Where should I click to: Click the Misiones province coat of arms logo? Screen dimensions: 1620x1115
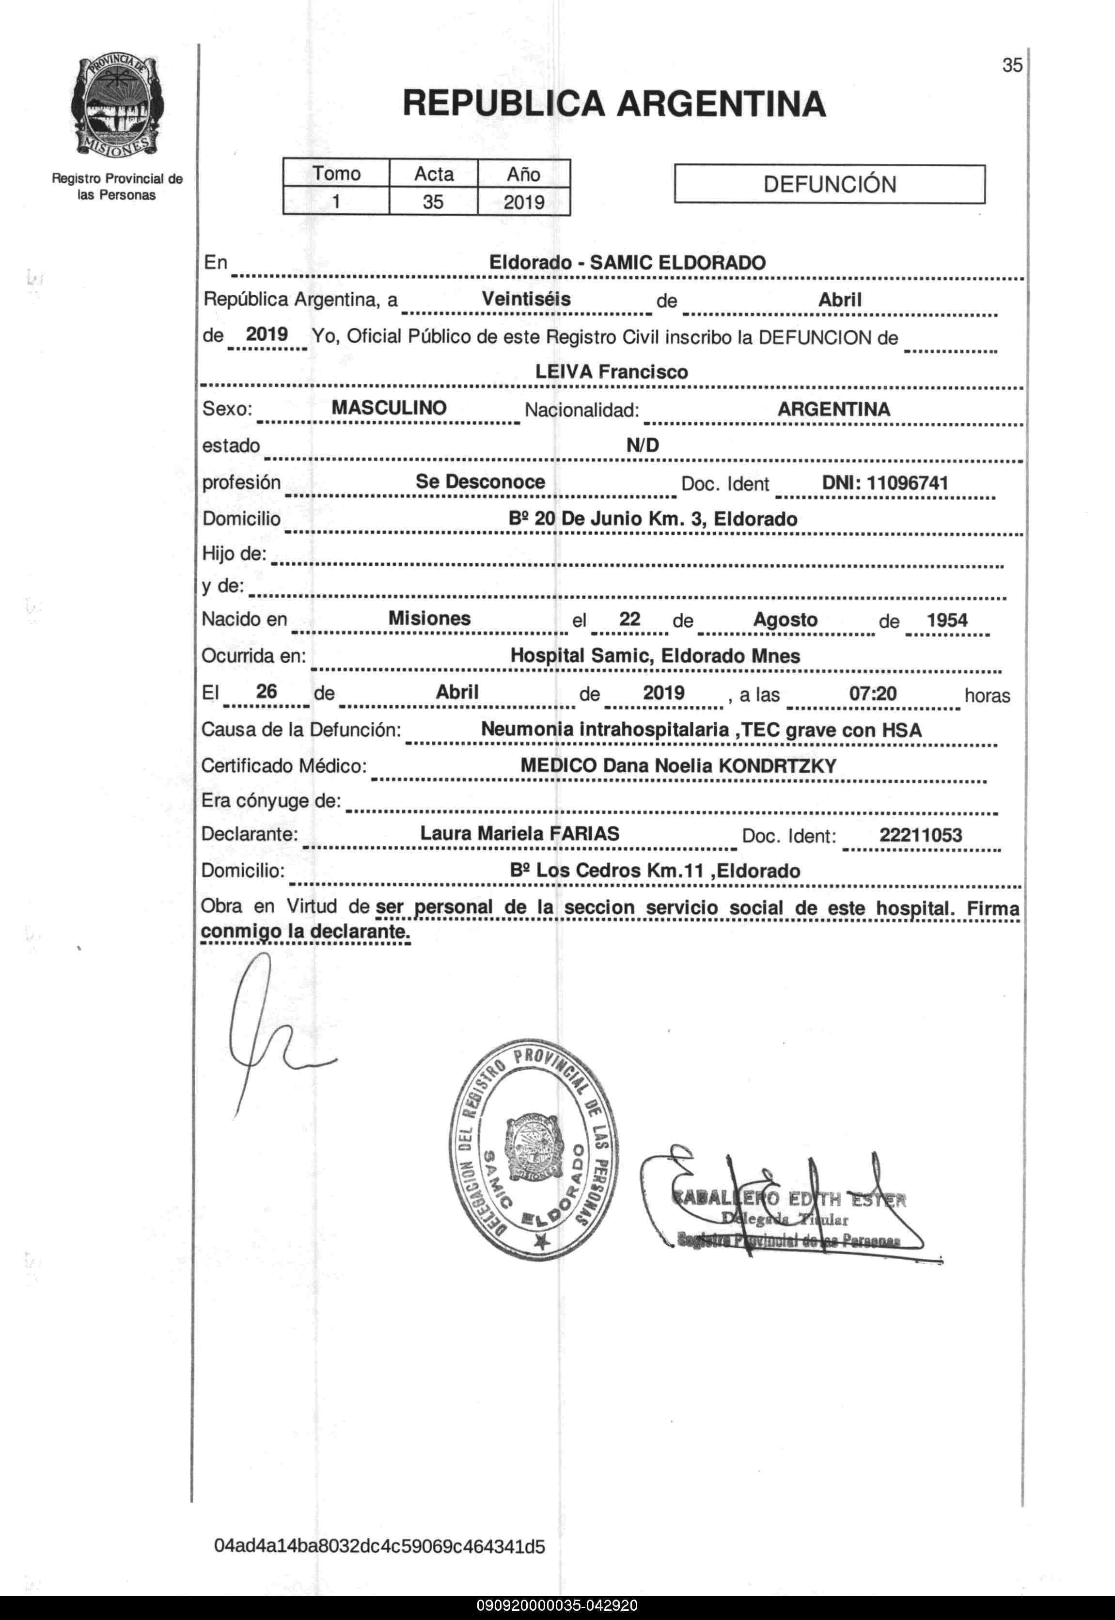tap(117, 107)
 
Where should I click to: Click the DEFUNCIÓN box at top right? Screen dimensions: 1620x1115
tap(829, 184)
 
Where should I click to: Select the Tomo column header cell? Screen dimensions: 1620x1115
tap(336, 174)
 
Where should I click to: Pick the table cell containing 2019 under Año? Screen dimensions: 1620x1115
tap(523, 202)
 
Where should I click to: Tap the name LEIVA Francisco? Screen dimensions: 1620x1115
tap(612, 372)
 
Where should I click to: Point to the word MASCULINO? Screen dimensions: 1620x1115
tap(389, 408)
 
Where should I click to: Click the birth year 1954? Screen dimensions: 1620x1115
tap(947, 620)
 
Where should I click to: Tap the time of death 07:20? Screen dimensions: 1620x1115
tap(873, 693)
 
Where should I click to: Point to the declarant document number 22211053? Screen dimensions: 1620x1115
tap(920, 835)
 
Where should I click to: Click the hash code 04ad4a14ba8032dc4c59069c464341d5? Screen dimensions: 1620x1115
tap(379, 1547)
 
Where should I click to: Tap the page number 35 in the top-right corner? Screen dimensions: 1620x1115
tap(1012, 65)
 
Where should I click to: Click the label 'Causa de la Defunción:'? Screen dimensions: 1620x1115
tap(301, 730)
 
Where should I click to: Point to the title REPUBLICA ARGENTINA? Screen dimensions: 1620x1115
tap(614, 104)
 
